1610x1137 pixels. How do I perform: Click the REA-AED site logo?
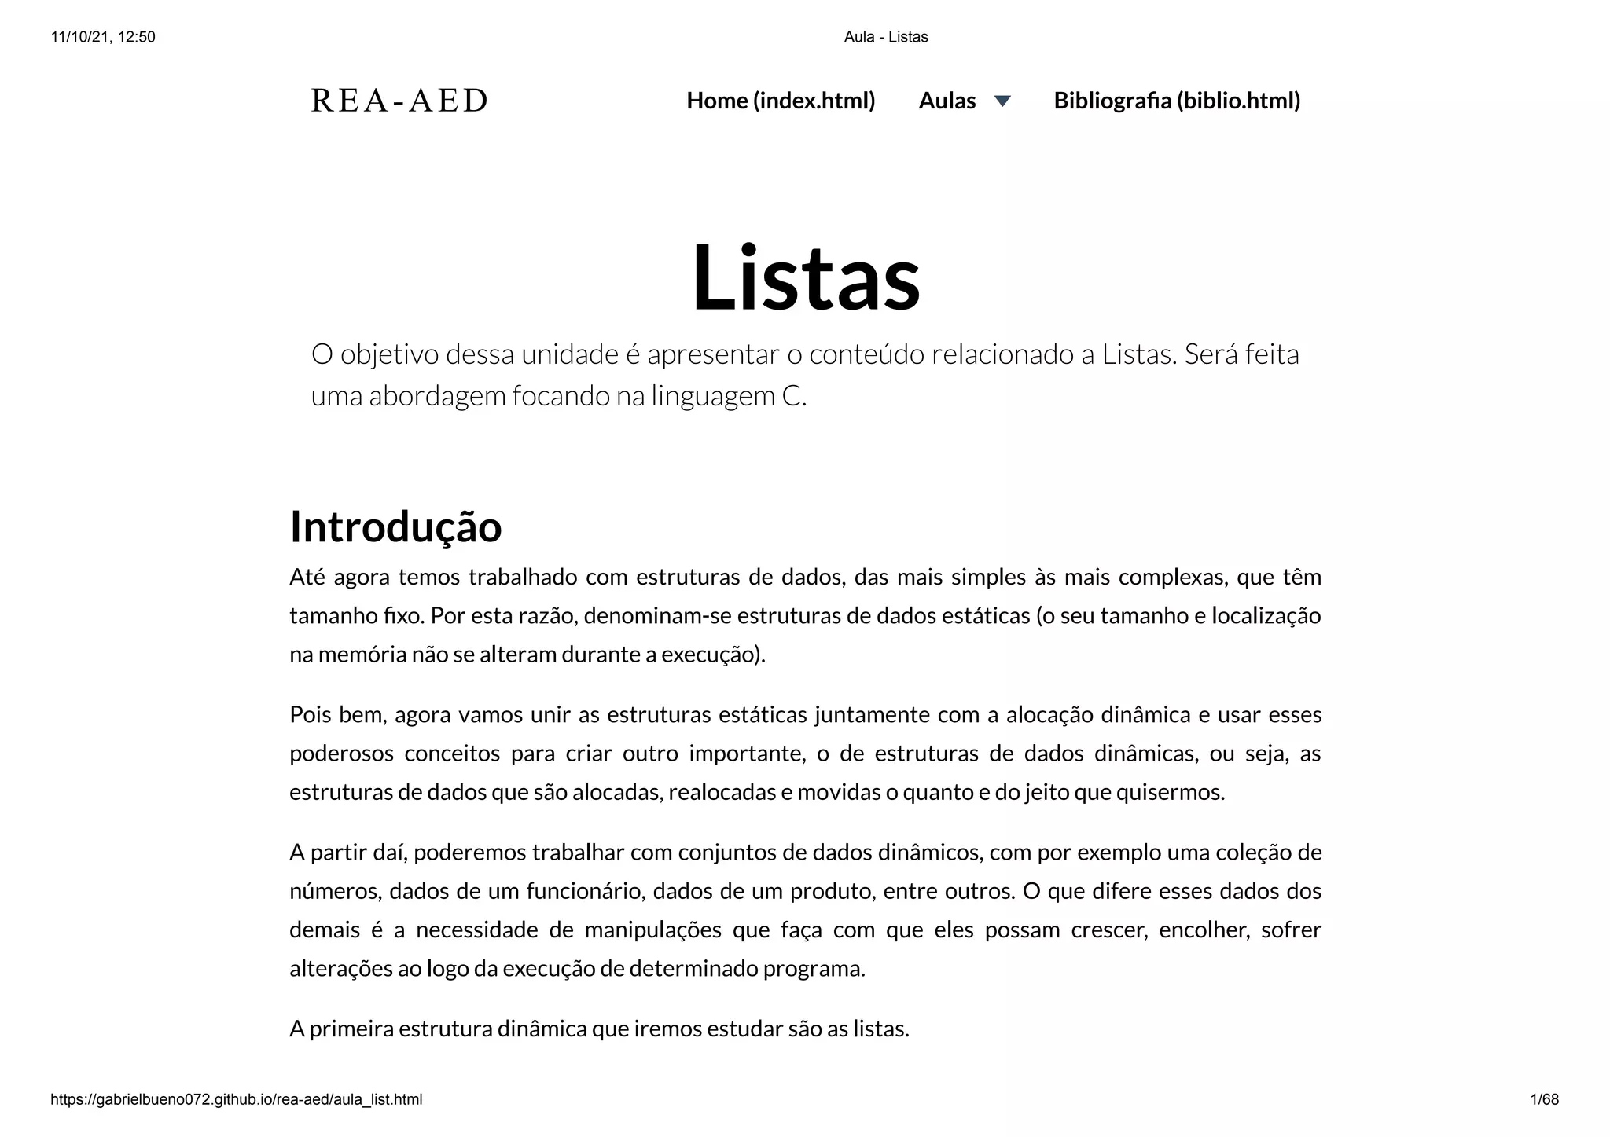[x=399, y=101]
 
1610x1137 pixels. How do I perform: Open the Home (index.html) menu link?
[x=781, y=101]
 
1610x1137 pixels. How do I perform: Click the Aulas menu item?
[x=947, y=101]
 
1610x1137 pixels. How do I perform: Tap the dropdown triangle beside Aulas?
[x=1002, y=101]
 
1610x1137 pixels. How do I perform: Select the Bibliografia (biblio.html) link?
[x=1177, y=101]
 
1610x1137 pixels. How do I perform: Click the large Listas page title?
[x=805, y=277]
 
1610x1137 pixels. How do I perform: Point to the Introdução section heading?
[x=395, y=526]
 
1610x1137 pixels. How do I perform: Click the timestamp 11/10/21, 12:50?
[x=103, y=37]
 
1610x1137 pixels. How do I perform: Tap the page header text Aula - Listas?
[x=886, y=37]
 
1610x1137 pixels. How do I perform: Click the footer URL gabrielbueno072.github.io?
[x=236, y=1099]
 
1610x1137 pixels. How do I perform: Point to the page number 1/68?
[x=1544, y=1099]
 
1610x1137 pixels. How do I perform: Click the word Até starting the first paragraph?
[x=307, y=577]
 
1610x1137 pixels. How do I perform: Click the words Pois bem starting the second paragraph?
[x=337, y=714]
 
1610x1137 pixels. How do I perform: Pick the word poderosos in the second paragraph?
[x=341, y=753]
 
